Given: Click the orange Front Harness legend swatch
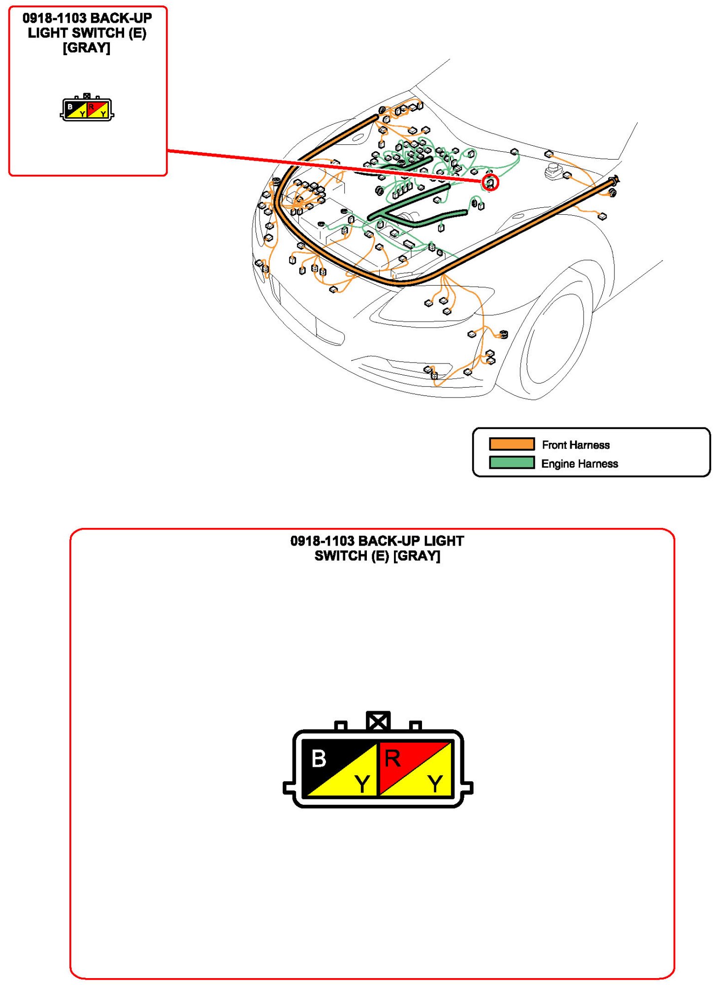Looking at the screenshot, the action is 512,444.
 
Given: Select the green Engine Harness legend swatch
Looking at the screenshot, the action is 512,462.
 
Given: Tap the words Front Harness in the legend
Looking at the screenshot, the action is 576,445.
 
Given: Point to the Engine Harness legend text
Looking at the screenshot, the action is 580,463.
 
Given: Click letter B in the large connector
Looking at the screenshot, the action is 319,758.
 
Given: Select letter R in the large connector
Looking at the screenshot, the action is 392,758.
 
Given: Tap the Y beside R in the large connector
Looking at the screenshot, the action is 435,783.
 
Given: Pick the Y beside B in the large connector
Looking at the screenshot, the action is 362,783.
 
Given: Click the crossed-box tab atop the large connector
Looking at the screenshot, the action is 378,722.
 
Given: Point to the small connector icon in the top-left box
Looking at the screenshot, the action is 87,107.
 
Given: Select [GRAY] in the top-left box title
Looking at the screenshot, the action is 87,48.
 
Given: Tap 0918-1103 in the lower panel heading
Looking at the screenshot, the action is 322,541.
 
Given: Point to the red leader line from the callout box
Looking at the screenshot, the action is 324,166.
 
